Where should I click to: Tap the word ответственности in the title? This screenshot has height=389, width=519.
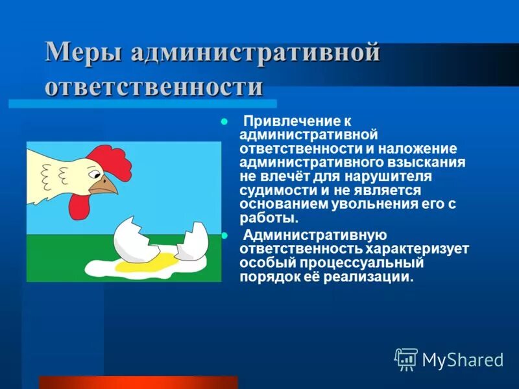coord(154,87)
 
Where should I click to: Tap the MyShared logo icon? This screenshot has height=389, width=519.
coord(406,358)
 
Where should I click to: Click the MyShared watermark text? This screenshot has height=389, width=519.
coord(463,359)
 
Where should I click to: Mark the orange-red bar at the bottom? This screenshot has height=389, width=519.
coord(138,382)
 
